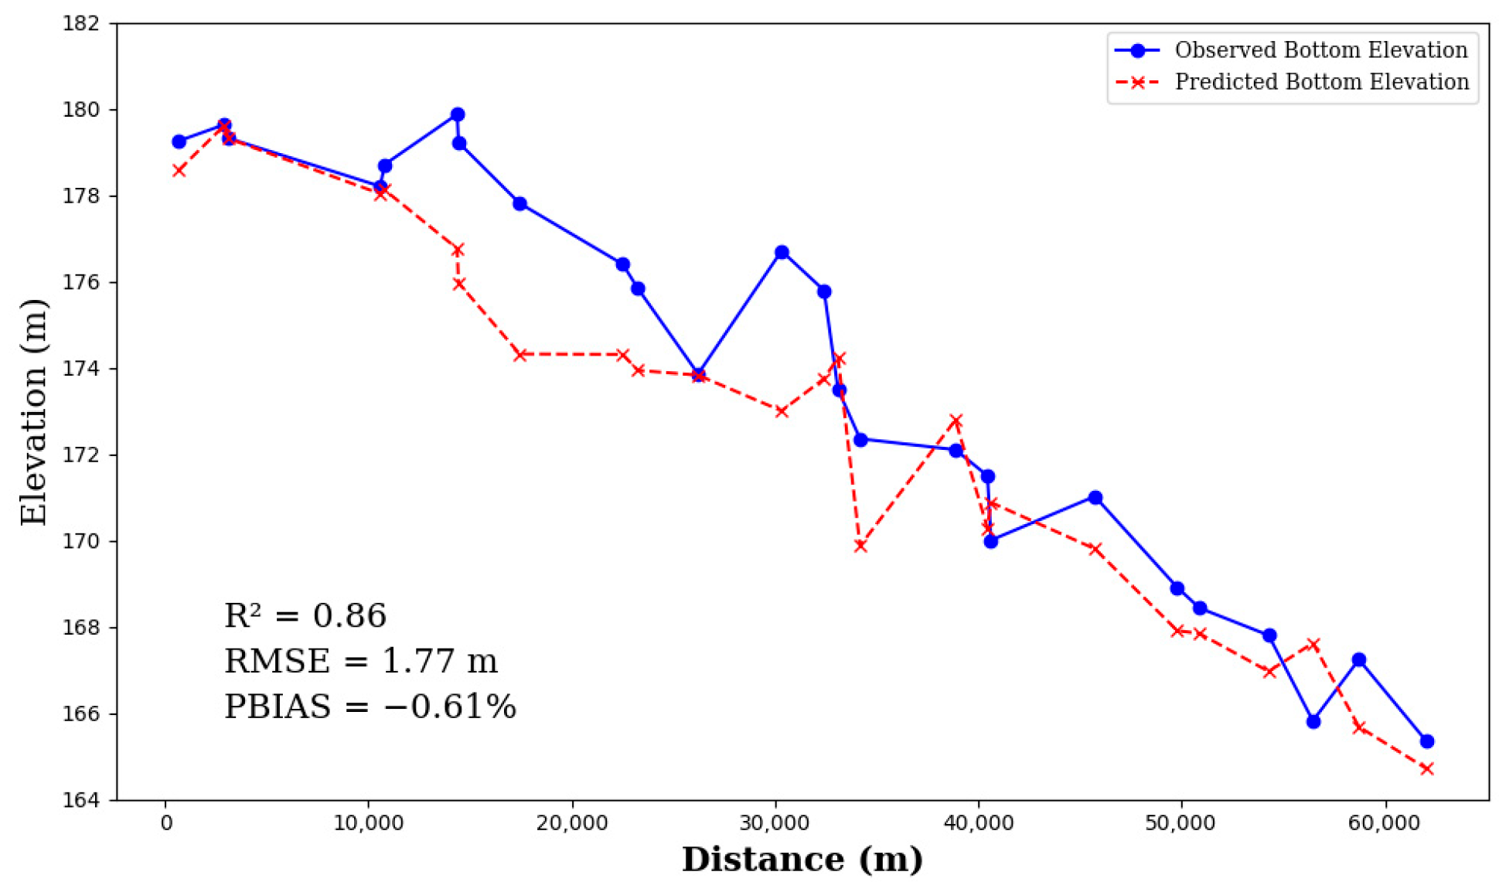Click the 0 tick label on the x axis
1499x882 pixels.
coord(166,823)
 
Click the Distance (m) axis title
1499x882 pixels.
coord(802,860)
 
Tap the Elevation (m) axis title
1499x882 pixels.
coord(34,411)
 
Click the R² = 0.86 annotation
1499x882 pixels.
coord(305,616)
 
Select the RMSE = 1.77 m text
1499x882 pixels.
coord(360,661)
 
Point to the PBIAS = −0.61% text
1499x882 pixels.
coord(370,707)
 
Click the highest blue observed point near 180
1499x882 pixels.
coord(458,114)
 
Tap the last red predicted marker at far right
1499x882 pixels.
coord(1427,768)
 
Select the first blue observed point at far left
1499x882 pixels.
coord(179,141)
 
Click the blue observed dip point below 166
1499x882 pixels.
coord(1313,721)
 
